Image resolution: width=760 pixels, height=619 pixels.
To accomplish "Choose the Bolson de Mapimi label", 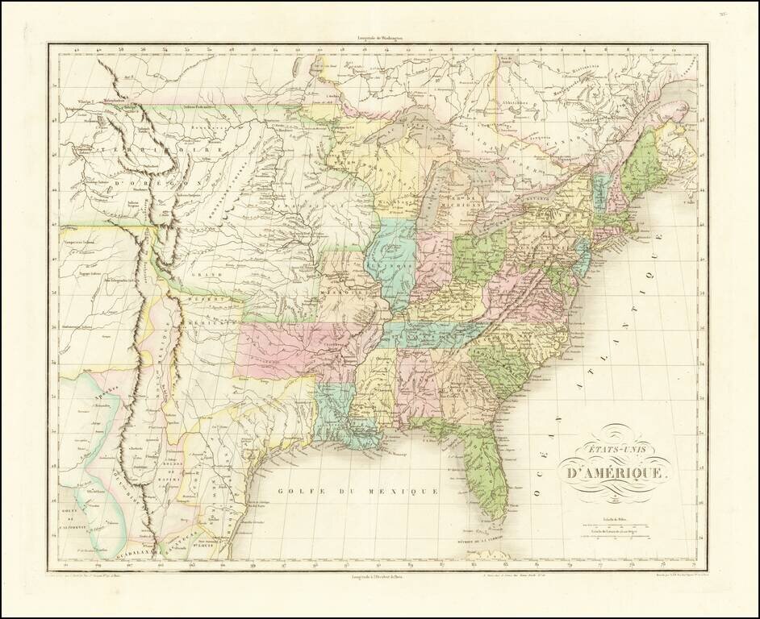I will [170, 473].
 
